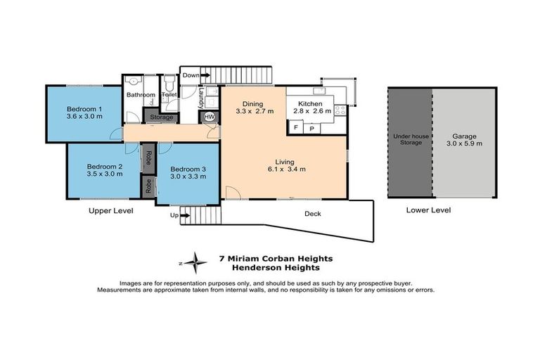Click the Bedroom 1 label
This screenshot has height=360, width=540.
pyautogui.click(x=85, y=109)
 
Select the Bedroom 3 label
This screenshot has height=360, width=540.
pyautogui.click(x=187, y=169)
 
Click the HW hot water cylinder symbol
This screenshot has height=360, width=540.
pyautogui.click(x=209, y=117)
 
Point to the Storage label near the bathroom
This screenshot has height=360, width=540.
pyautogui.click(x=161, y=117)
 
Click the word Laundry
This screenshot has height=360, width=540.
pyautogui.click(x=201, y=95)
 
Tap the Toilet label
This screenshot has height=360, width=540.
pyautogui.click(x=169, y=94)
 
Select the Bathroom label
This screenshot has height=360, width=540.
pyautogui.click(x=141, y=95)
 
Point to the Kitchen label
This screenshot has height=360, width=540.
pyautogui.click(x=310, y=103)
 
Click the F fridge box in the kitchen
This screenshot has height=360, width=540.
pyautogui.click(x=295, y=128)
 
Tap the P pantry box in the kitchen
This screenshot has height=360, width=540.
pyautogui.click(x=311, y=128)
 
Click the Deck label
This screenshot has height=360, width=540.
pyautogui.click(x=313, y=214)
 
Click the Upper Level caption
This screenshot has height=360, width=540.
pyautogui.click(x=111, y=210)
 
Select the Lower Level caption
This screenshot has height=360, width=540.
pyautogui.click(x=428, y=210)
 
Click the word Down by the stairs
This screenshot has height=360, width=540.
pyautogui.click(x=191, y=75)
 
